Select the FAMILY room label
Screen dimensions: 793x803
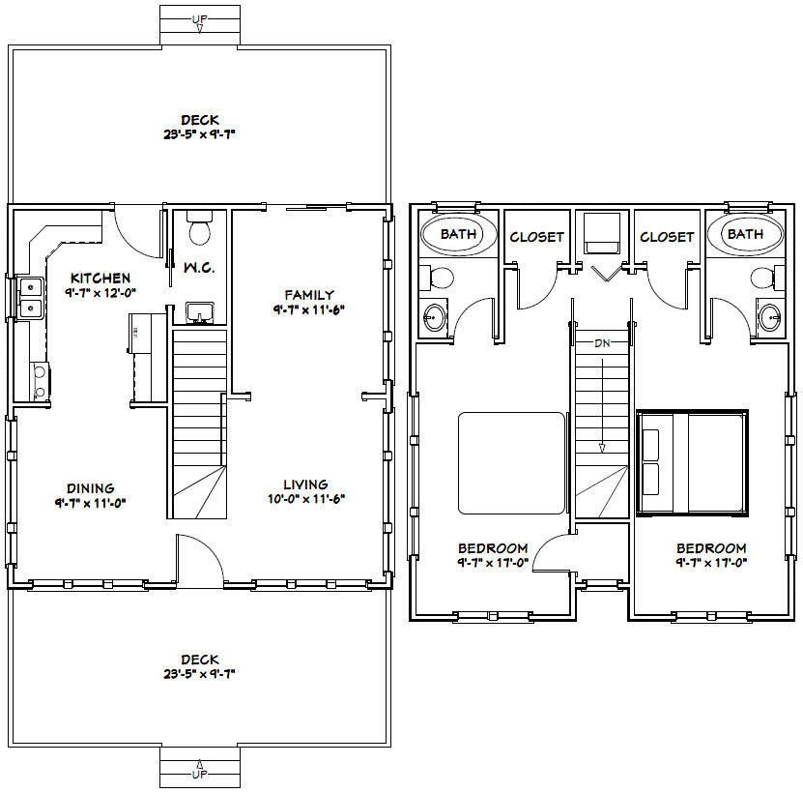309,295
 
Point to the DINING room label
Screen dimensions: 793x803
91,488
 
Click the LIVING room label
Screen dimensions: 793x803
305,485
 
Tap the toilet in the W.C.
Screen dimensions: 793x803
201,230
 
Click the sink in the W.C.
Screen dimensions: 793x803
200,312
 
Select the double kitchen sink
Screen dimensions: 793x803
29,297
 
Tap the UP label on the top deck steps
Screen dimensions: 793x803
199,18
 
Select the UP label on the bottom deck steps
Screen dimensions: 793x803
199,775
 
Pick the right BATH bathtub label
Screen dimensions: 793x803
745,234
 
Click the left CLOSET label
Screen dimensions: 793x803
536,237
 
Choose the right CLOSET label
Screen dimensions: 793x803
667,237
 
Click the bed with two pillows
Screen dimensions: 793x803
692,460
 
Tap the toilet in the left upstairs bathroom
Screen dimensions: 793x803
439,279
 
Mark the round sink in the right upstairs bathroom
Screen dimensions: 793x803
769,315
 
